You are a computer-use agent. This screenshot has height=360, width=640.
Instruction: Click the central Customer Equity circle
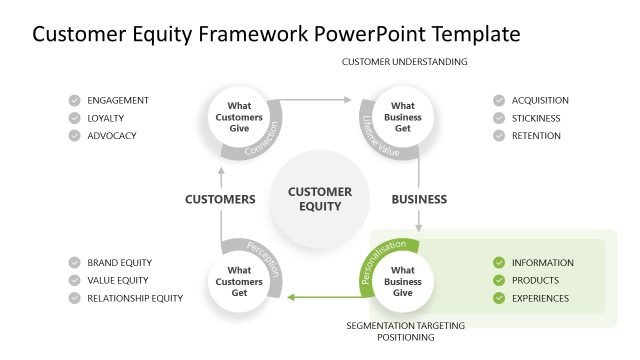point(320,198)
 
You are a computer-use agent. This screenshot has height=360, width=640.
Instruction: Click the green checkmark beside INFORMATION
point(498,263)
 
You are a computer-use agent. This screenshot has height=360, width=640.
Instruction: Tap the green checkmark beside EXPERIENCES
point(498,298)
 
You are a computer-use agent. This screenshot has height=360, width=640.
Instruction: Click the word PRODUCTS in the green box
point(535,281)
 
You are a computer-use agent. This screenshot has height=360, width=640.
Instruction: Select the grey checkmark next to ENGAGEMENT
point(74,100)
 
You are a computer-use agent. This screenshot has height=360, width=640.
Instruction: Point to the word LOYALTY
point(107,118)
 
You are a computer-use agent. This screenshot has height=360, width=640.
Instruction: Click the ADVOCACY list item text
point(111,136)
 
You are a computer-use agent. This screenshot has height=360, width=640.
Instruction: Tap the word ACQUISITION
point(540,100)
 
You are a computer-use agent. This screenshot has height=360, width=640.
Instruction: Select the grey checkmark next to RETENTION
point(498,136)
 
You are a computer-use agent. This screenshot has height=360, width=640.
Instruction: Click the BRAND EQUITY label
point(119,263)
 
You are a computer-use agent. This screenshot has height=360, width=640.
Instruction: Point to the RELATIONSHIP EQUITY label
point(135,298)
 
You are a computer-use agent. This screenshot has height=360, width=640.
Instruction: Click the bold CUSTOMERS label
point(220,199)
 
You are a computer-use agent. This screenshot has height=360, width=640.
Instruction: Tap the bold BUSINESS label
point(418,199)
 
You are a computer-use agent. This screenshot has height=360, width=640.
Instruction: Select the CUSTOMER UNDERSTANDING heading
point(404,62)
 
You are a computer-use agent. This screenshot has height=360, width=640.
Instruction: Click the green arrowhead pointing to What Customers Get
point(290,297)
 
